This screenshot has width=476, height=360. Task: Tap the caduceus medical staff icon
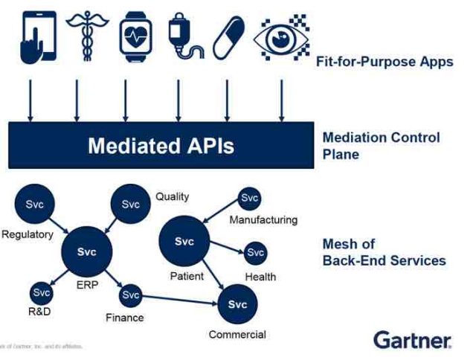coord(78,35)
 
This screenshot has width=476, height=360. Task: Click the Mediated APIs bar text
coord(161,145)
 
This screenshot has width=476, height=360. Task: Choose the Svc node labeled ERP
coord(87,252)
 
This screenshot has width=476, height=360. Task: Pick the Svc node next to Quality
coord(132,205)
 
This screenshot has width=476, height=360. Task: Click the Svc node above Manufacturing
coord(249,199)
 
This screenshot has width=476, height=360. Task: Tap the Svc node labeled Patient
coord(184,242)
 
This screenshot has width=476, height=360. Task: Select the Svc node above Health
coord(255,253)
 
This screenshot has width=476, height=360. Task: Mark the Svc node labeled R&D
coord(41,294)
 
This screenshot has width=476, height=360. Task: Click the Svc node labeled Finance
coord(131,295)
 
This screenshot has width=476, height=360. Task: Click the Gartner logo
coord(413,341)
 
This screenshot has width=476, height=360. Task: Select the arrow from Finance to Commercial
coord(178,299)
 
